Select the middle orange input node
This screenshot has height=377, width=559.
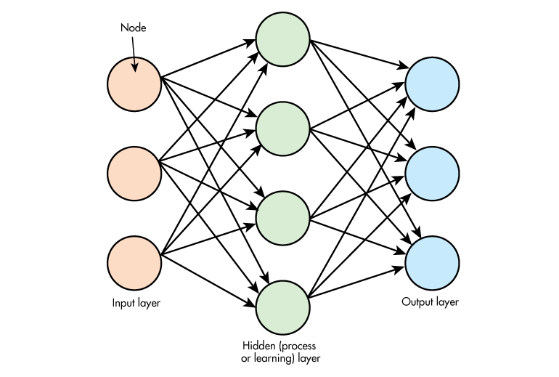pos(134,173)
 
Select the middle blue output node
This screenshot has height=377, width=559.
pos(433,173)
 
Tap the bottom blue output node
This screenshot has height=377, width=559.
pos(433,262)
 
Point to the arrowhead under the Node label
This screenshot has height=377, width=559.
pos(135,70)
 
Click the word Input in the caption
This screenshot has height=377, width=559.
pos(123,303)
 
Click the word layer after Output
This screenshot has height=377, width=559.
pos(447,301)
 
